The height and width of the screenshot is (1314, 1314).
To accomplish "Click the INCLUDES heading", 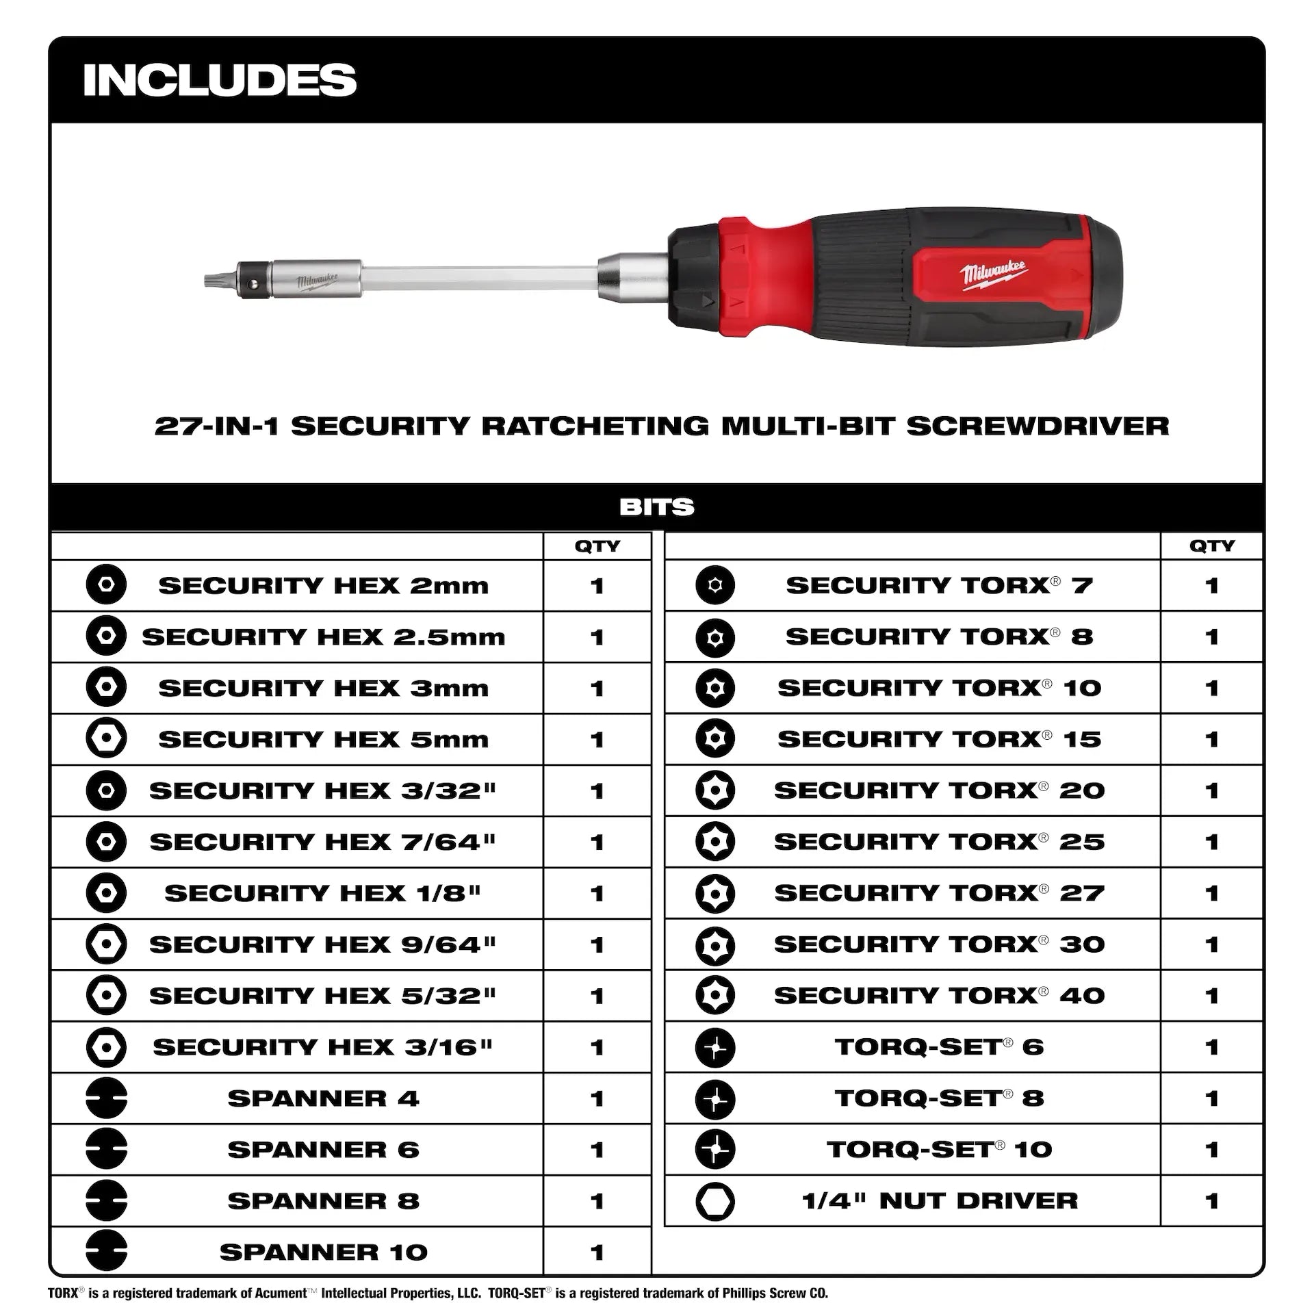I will [x=220, y=80].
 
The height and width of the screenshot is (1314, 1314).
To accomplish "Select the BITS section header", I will [x=656, y=507].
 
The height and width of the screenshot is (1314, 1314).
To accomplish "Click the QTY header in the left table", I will [x=597, y=546].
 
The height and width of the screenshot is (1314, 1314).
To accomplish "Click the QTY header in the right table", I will [x=1211, y=546].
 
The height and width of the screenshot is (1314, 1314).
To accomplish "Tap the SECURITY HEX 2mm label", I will [x=323, y=586].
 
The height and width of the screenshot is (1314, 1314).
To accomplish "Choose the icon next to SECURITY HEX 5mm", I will [x=106, y=739].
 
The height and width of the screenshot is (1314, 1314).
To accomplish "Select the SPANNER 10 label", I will [x=323, y=1252].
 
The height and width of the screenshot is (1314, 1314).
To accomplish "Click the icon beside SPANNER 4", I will [x=106, y=1098].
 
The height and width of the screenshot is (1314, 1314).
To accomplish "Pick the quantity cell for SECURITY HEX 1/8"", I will [x=597, y=893].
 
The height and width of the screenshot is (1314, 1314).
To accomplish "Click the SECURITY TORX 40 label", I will [x=939, y=996].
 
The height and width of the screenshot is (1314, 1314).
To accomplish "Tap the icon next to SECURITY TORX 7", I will [x=714, y=586].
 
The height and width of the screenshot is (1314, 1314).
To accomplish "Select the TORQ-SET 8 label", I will [x=939, y=1098].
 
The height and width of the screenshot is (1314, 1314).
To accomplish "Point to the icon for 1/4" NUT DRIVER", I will [x=714, y=1201].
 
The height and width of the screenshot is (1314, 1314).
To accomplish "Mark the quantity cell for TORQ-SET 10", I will [x=1211, y=1150].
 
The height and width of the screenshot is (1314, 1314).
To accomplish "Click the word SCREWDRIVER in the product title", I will [x=1038, y=426].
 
